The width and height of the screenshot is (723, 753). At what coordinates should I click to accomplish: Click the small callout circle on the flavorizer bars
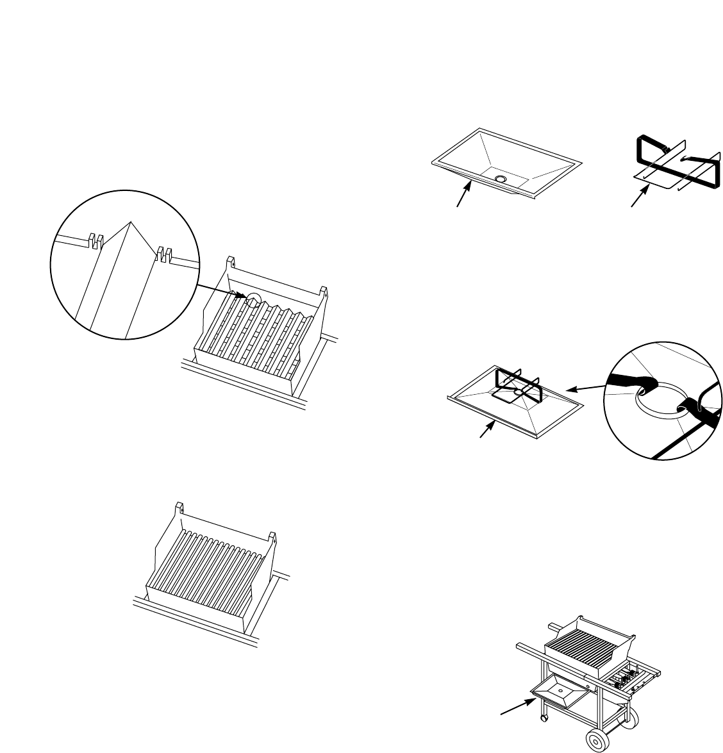253,299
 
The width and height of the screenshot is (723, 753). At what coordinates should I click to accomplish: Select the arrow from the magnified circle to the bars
222,292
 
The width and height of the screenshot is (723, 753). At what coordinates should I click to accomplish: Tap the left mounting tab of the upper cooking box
231,263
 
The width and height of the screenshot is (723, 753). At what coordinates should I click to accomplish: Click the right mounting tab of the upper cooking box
324,293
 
